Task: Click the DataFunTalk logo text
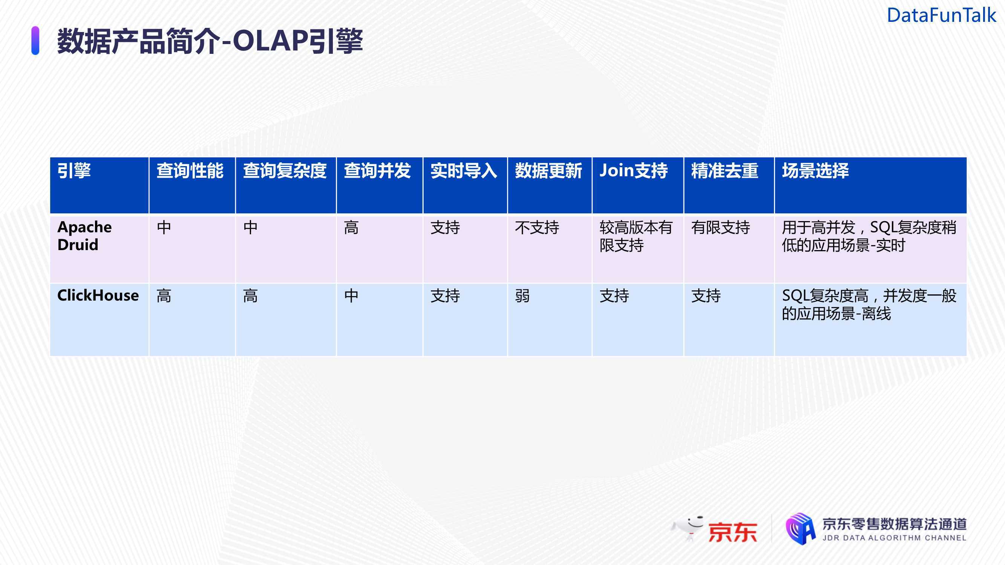coord(941,15)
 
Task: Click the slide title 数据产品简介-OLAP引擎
coord(210,41)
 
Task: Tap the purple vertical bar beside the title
coord(35,41)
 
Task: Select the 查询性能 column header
coord(190,171)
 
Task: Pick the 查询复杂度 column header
coord(285,171)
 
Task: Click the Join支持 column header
coord(634,171)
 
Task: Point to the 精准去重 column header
coord(725,171)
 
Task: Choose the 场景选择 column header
coord(815,171)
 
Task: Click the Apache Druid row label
coord(85,236)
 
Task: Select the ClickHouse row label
coord(98,296)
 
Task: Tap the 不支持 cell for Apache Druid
coord(537,228)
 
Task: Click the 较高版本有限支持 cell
coord(636,236)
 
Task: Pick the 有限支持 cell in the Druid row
coord(720,228)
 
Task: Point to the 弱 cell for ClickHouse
coord(522,296)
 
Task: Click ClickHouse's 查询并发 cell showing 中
coord(351,296)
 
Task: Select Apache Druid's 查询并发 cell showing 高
coord(351,228)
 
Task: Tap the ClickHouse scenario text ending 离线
coord(869,304)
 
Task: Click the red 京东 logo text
coord(733,532)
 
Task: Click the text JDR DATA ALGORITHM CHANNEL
coord(894,538)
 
